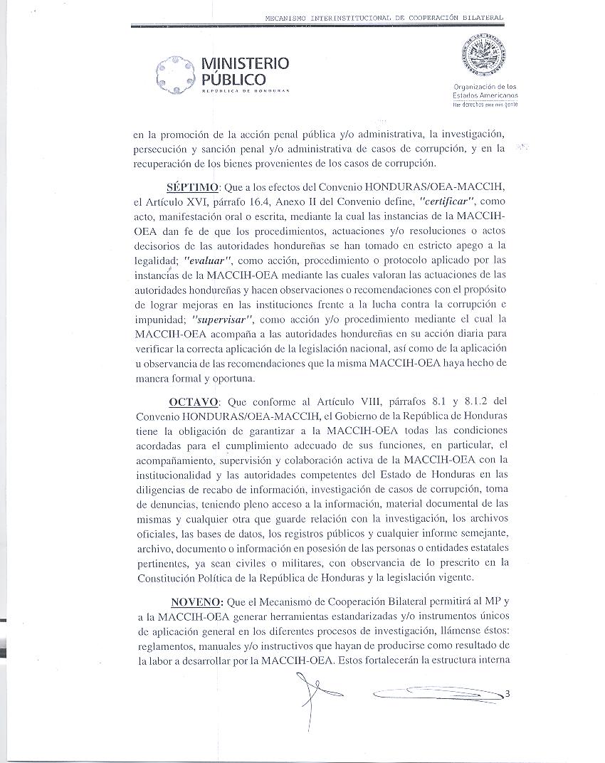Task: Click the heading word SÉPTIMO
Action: pos(192,187)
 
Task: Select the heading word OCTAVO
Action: pos(193,401)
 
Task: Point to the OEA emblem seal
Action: pos(486,56)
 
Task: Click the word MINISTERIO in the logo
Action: pos(246,63)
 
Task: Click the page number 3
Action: pos(507,693)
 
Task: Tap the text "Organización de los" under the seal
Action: pos(485,87)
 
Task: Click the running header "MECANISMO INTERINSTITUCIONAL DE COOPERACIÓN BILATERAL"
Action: pos(384,17)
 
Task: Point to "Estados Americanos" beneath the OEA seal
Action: pos(485,95)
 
